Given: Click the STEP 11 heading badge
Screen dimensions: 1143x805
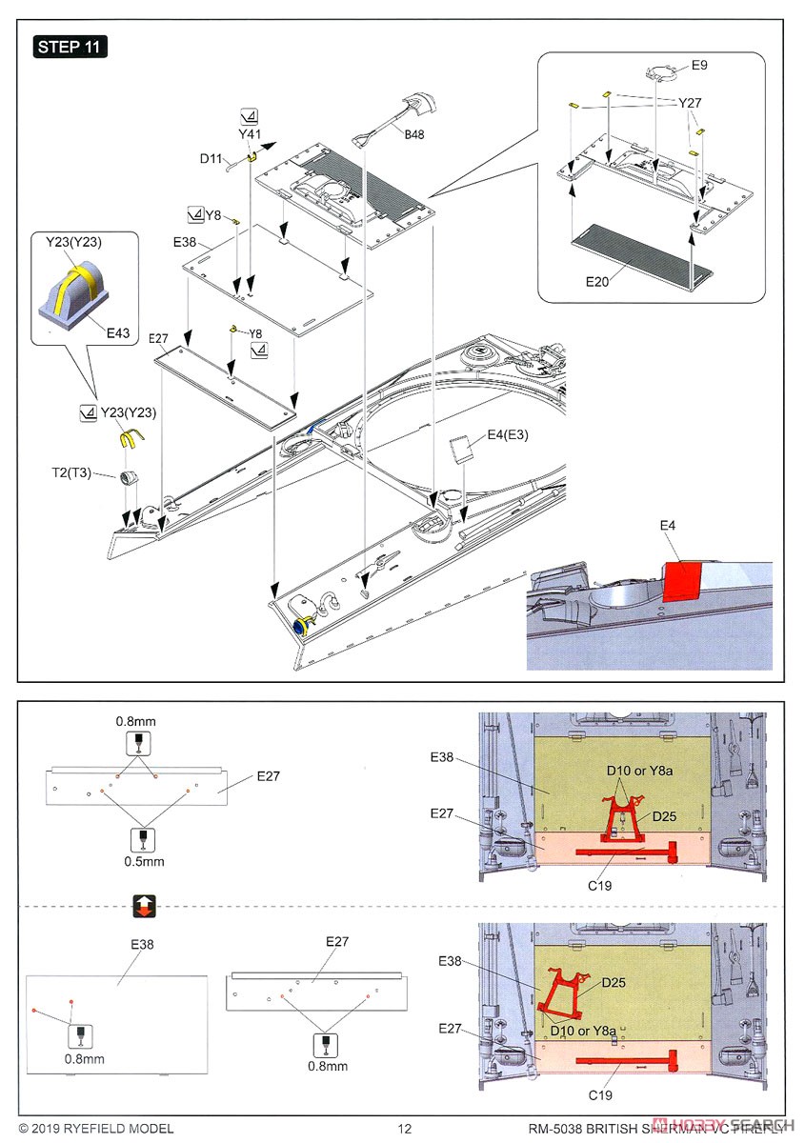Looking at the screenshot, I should tap(71, 46).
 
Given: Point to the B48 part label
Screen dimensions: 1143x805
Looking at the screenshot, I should tap(413, 135).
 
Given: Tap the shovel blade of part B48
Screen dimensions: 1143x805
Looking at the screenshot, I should tap(420, 101).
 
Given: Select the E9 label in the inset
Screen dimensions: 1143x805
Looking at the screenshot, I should tap(700, 65).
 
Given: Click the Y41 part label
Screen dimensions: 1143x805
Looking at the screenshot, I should tap(250, 134).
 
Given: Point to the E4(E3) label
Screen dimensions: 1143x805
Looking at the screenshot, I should tap(508, 435).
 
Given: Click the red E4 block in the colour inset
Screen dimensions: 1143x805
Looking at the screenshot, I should tap(680, 579).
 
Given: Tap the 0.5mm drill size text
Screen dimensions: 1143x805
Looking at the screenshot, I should tap(144, 861).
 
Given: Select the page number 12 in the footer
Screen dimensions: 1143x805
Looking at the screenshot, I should tap(404, 1129).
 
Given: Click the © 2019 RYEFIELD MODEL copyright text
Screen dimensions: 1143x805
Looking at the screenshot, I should tap(90, 1129).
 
